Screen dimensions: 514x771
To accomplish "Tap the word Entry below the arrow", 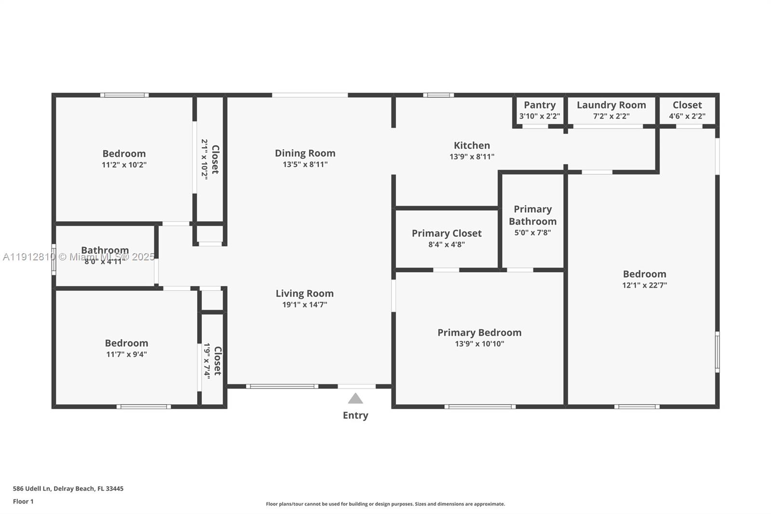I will tap(355, 415).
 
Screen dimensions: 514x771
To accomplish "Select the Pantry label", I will tap(540, 105).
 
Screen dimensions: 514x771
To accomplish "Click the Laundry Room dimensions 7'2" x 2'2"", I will tap(611, 116).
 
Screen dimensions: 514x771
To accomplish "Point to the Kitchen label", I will tap(472, 145).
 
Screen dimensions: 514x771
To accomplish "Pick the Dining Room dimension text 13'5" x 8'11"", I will tap(305, 164).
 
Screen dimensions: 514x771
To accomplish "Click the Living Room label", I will tap(305, 293).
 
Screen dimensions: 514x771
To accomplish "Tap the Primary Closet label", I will tap(446, 233).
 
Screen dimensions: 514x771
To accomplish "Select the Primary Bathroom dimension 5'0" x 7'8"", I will tap(532, 232).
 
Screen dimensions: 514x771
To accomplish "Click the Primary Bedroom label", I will tap(479, 333).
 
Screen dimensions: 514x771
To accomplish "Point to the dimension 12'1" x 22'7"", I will tap(644, 285).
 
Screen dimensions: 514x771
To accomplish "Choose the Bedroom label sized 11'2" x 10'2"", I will tap(124, 154).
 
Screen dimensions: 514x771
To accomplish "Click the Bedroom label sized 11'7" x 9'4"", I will tap(126, 343).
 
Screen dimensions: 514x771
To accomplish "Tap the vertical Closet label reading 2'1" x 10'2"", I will tap(215, 159).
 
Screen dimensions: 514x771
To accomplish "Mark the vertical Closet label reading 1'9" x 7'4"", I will tap(217, 361).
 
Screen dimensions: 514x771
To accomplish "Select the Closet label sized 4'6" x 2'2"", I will tap(687, 105).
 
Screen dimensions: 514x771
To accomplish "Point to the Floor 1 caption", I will tap(23, 501).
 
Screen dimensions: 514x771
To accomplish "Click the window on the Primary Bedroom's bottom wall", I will tap(479, 406).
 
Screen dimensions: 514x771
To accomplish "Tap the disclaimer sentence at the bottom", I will tap(385, 504).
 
